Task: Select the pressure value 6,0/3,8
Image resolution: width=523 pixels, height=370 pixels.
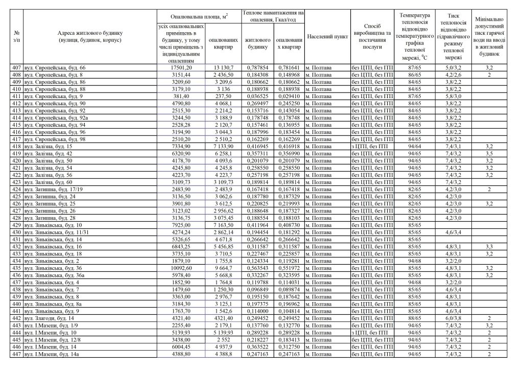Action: (x=453, y=317)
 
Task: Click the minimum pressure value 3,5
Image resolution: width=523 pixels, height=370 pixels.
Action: (x=489, y=153)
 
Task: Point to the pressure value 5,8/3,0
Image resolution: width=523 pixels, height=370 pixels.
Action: (x=453, y=96)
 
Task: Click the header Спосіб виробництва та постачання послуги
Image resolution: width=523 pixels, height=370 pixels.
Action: (x=372, y=36)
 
